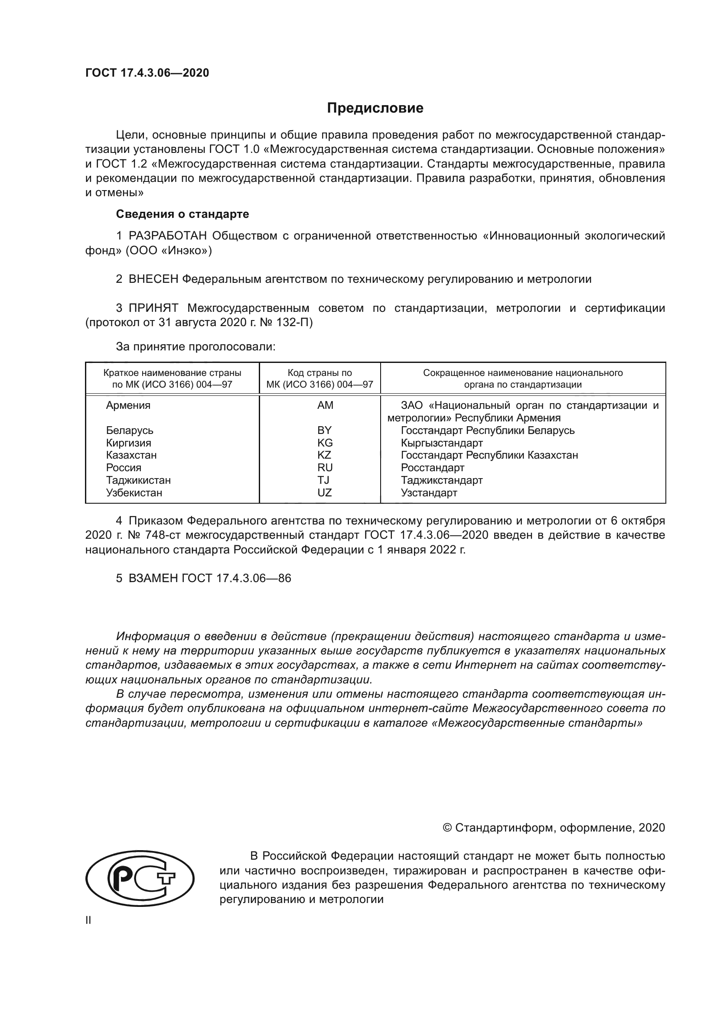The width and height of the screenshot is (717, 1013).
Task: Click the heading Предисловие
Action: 375,108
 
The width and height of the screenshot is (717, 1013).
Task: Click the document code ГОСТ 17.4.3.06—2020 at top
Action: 147,73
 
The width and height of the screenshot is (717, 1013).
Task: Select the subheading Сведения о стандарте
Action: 183,214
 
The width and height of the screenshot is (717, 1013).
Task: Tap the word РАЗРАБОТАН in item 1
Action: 168,236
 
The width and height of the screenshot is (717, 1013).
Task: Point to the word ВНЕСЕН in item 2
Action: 153,279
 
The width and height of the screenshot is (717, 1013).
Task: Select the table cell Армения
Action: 128,405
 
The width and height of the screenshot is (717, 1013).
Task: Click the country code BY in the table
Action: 325,430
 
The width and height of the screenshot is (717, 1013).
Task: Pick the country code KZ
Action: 324,455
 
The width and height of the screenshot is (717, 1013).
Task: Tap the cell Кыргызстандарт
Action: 441,443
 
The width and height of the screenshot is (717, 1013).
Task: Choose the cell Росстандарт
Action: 432,468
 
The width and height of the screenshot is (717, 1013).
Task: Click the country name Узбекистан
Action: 134,493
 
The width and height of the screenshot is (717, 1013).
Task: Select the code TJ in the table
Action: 323,480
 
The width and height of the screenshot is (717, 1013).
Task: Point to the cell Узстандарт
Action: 429,493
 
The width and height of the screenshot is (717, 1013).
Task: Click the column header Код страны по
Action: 319,373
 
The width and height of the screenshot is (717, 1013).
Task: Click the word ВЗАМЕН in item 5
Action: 153,579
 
